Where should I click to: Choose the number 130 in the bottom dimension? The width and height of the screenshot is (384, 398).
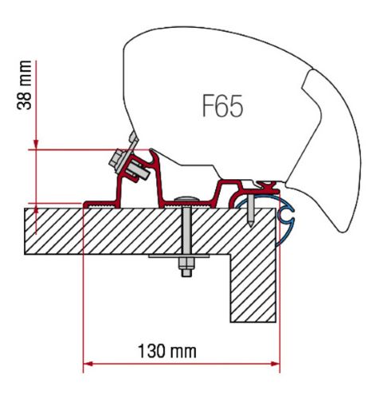[x=154, y=350]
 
